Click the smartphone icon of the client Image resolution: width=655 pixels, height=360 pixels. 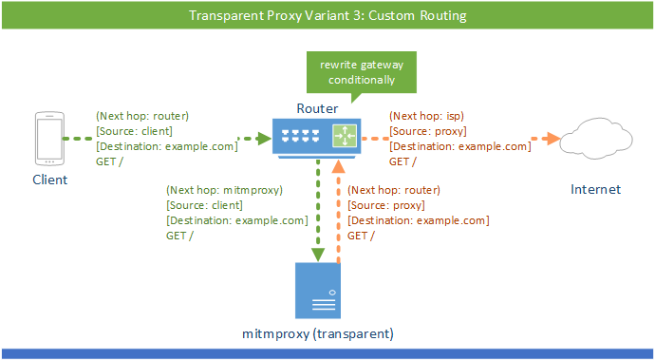(x=48, y=139)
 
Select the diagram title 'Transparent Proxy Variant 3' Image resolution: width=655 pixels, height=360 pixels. (x=327, y=16)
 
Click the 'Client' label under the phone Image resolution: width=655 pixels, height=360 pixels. (x=50, y=180)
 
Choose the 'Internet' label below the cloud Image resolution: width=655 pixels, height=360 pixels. (x=595, y=189)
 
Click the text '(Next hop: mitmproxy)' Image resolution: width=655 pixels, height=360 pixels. (x=225, y=189)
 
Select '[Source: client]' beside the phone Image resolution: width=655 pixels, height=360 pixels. (x=134, y=131)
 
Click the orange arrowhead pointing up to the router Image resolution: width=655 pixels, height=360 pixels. (x=338, y=166)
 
